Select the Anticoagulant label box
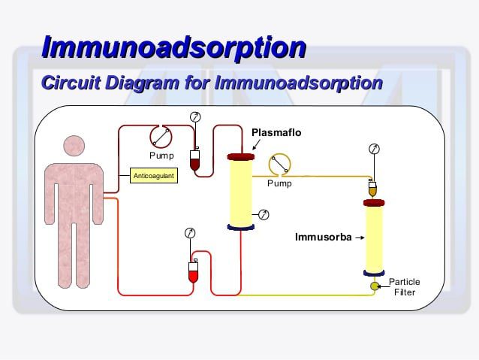tap(153, 177)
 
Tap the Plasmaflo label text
tap(276, 133)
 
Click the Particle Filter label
tap(404, 287)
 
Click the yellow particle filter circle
tap(374, 287)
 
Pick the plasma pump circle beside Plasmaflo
tap(279, 164)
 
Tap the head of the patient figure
tap(74, 148)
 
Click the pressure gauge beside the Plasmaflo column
tap(264, 215)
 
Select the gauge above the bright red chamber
tap(191, 234)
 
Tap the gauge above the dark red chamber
tap(195, 117)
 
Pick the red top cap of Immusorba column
tap(374, 203)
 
